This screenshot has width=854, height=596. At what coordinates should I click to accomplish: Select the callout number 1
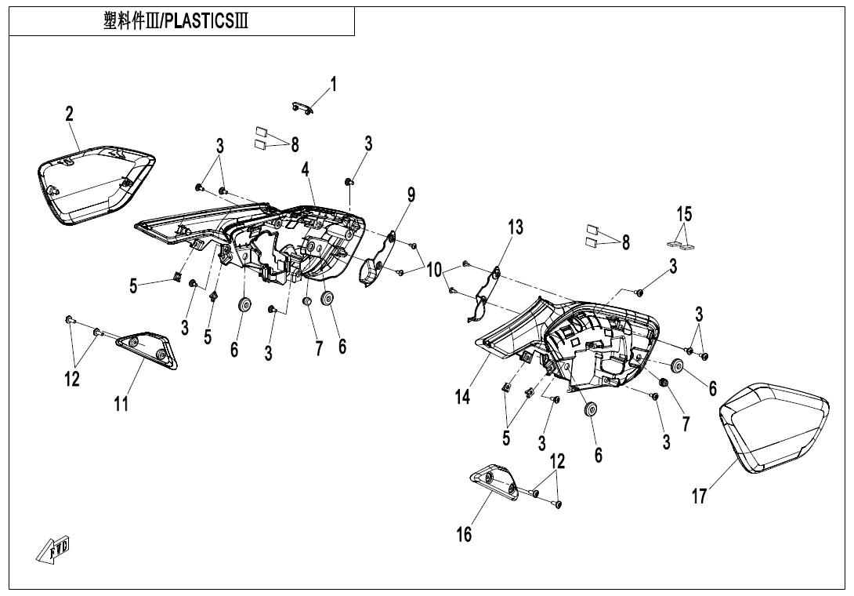333,85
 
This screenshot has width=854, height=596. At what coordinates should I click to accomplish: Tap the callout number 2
70,114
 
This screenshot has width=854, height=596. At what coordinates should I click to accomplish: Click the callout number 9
411,194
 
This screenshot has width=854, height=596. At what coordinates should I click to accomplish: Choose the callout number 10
433,270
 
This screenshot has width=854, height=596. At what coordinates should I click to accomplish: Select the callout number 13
514,227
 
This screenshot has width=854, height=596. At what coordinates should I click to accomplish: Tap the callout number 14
462,397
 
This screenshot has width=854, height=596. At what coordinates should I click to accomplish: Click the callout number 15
684,213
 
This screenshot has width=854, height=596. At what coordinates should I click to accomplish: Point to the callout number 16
465,534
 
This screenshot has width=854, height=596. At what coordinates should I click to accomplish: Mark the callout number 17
699,496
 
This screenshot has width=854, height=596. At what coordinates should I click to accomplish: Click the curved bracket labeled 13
487,294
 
